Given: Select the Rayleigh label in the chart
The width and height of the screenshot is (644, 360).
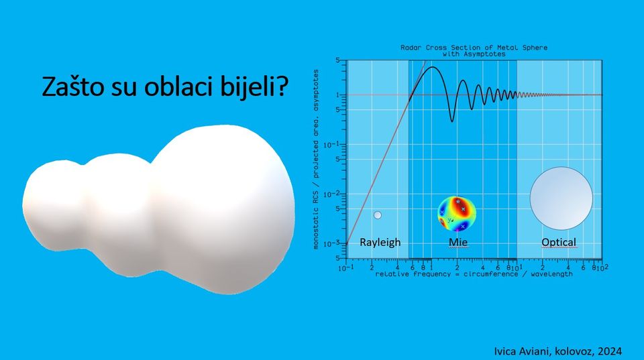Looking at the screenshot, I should pyautogui.click(x=380, y=242).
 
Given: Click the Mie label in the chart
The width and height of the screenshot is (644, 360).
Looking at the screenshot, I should pyautogui.click(x=458, y=242).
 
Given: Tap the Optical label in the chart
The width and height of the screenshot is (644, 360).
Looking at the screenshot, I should pyautogui.click(x=559, y=242).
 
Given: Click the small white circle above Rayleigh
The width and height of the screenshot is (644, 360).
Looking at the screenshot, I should pyautogui.click(x=378, y=215).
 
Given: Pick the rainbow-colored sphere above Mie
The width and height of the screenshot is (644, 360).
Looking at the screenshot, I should pyautogui.click(x=457, y=214).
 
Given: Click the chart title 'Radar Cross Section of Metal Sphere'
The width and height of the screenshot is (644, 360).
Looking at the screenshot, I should pyautogui.click(x=474, y=48).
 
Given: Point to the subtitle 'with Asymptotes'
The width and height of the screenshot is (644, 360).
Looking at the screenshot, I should pyautogui.click(x=474, y=54).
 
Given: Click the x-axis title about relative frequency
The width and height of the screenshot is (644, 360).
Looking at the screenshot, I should pyautogui.click(x=474, y=274).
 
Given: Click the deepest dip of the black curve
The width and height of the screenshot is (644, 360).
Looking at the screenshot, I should pyautogui.click(x=452, y=121).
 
